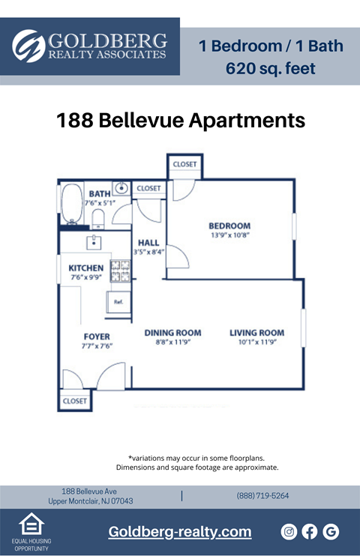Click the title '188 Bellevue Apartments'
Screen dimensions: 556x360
point(181,121)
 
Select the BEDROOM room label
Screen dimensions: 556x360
point(229,226)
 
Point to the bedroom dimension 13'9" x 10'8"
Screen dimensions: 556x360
point(229,235)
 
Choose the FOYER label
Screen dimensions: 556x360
point(96,337)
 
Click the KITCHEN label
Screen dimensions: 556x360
point(85,268)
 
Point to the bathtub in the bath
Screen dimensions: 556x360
point(72,203)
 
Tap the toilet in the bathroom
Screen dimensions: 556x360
point(97,218)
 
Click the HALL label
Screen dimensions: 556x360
point(148,242)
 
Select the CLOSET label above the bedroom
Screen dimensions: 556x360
point(184,164)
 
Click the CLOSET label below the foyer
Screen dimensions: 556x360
point(74,401)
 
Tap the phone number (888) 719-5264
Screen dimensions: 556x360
point(262,495)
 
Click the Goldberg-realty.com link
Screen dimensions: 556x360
point(180,532)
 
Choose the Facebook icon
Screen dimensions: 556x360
point(309,531)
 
